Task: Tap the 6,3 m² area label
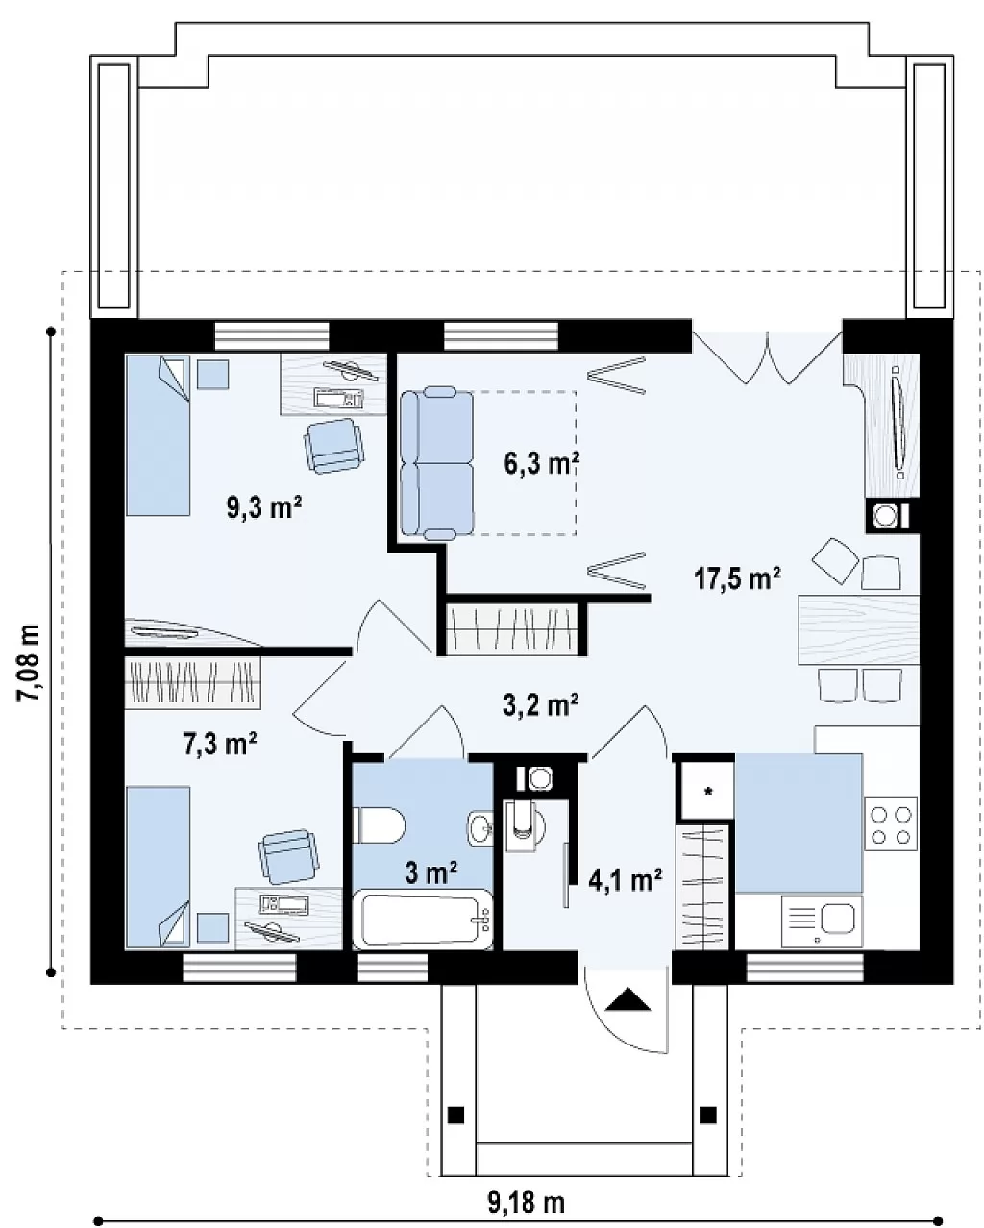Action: point(542,463)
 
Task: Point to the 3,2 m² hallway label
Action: point(540,704)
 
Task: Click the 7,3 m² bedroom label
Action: point(220,744)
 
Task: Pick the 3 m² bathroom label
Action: point(430,872)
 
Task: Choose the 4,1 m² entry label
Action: point(625,880)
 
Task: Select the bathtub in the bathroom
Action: point(423,920)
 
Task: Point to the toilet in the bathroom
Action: point(379,825)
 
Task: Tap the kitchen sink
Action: point(822,921)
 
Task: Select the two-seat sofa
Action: point(436,463)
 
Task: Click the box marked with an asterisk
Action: point(707,791)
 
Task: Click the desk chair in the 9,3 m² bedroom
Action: point(333,446)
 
